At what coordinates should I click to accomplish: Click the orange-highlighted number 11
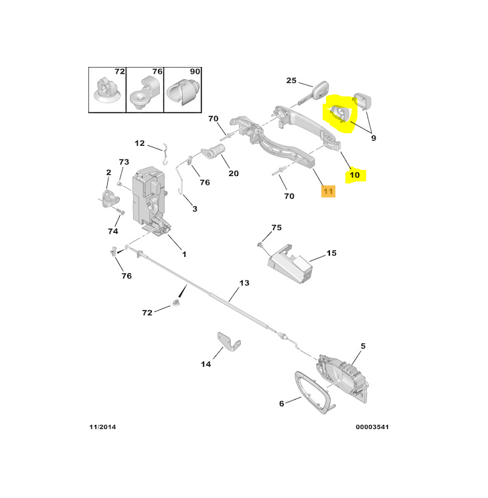pos(327,191)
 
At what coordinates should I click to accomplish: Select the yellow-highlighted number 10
pos(354,175)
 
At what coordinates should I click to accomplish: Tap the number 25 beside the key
pos(291,81)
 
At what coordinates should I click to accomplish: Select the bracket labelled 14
pos(228,343)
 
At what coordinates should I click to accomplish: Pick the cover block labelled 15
pos(290,266)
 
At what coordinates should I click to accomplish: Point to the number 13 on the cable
pos(244,283)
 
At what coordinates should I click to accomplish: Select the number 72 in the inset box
pos(119,72)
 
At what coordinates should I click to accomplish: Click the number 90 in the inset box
pos(195,72)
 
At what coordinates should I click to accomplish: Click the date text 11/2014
pos(103,426)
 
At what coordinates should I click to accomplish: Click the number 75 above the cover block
pos(276,228)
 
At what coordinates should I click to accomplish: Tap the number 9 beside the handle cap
pos(373,139)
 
